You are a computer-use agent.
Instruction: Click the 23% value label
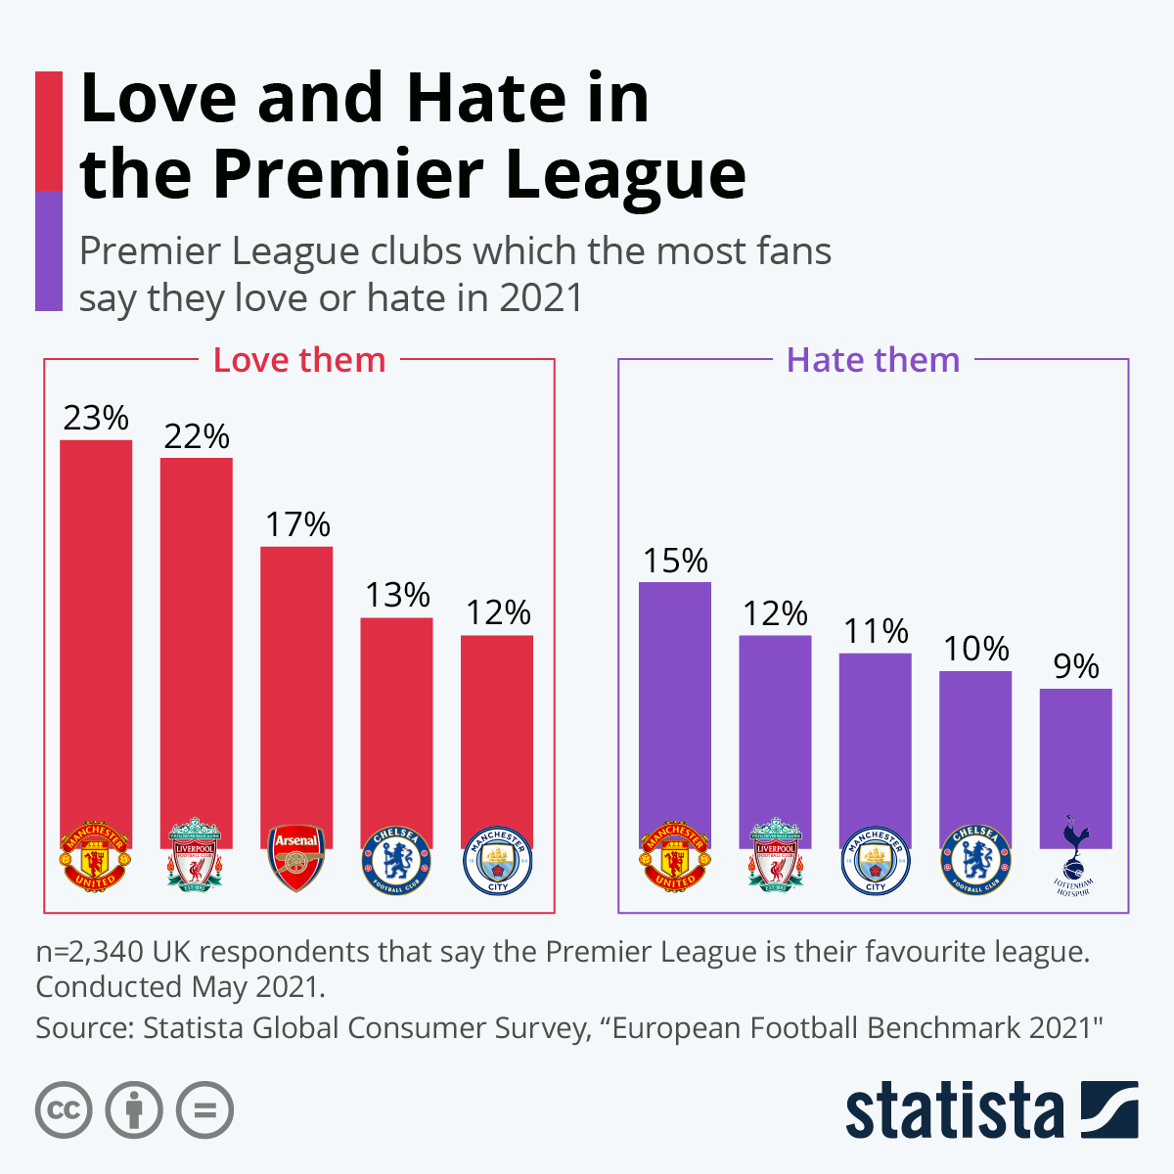[96, 419]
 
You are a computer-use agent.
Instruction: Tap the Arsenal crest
[296, 857]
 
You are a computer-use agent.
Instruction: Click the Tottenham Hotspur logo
[1074, 857]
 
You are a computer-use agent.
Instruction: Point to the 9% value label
[1075, 666]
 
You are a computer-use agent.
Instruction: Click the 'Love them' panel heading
[299, 360]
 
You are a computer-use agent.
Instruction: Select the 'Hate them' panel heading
[873, 360]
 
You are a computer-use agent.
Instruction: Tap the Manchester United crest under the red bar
[96, 857]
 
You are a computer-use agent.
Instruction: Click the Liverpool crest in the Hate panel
[775, 855]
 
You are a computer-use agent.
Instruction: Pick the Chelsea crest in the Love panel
[396, 861]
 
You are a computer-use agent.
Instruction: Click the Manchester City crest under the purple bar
[876, 861]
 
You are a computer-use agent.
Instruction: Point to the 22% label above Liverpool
[197, 436]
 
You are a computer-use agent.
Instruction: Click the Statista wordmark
[954, 1110]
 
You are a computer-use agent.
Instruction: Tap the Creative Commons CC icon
[65, 1110]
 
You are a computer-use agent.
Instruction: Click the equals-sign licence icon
[205, 1110]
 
